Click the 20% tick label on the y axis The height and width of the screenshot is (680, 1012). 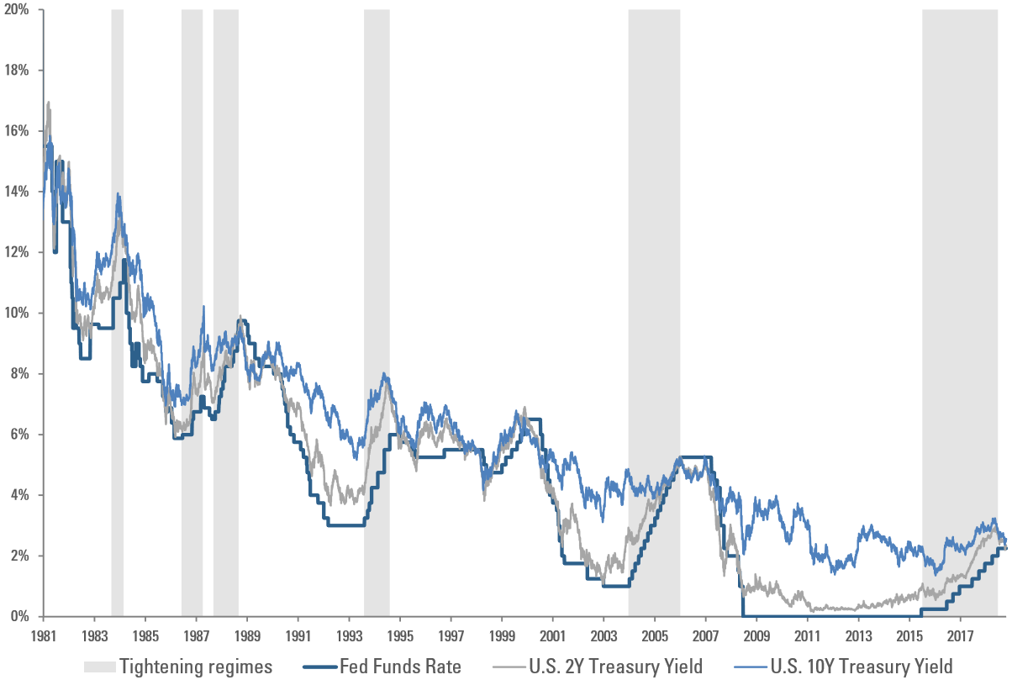click(x=18, y=9)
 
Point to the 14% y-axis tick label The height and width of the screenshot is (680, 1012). click(x=18, y=192)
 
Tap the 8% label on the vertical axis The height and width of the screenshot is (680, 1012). click(x=21, y=373)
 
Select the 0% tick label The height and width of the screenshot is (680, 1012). click(x=21, y=616)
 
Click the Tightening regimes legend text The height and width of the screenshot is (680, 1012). click(x=196, y=667)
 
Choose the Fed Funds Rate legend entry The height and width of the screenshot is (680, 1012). click(x=400, y=667)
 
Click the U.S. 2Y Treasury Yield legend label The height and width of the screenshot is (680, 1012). click(x=615, y=667)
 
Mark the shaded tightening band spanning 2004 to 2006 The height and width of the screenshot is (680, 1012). click(x=654, y=252)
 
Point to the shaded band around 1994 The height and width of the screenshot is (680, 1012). click(x=377, y=252)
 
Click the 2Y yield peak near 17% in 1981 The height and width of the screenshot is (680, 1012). click(x=49, y=103)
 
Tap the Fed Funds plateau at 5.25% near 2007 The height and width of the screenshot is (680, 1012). click(x=696, y=457)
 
